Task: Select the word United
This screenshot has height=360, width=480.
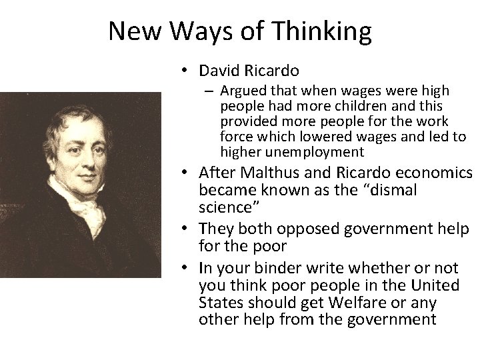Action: [x=437, y=285]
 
